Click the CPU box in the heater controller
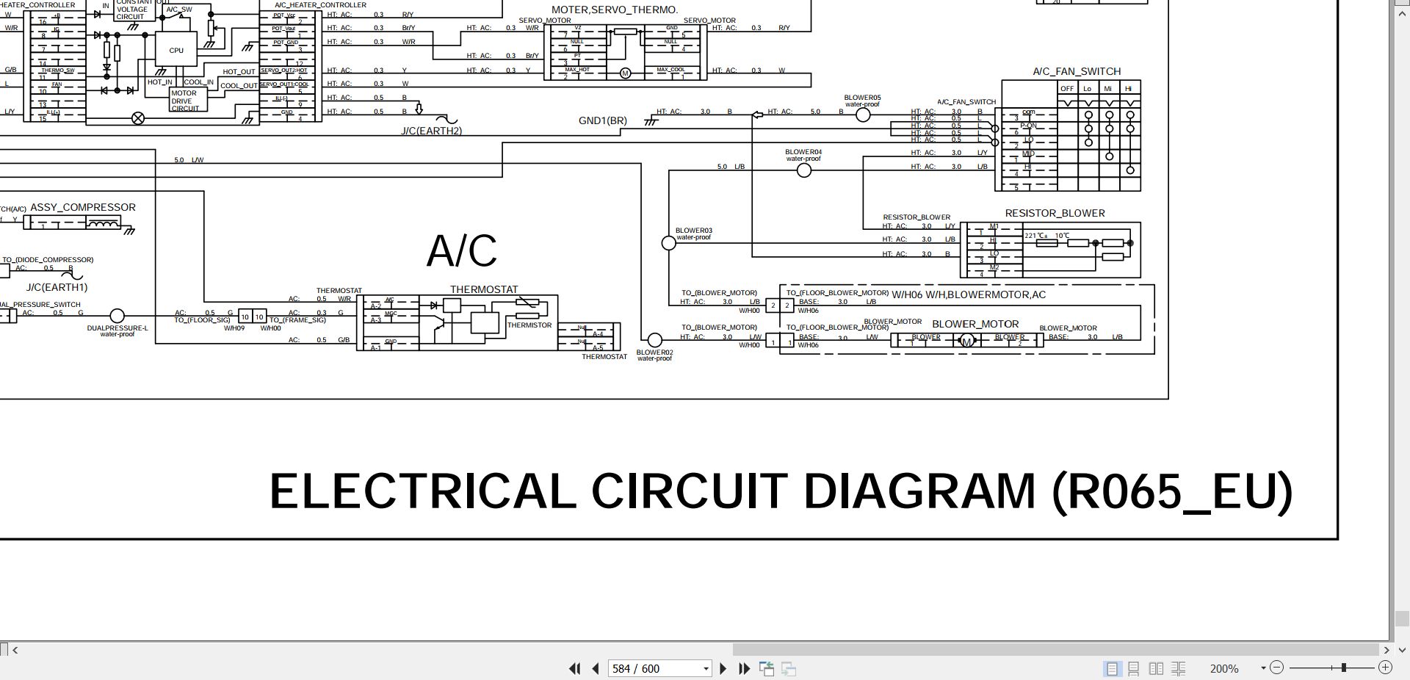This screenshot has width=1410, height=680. pyautogui.click(x=176, y=50)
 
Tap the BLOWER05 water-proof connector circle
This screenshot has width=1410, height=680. pyautogui.click(x=863, y=115)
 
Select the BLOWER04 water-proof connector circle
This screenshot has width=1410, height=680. pyautogui.click(x=804, y=170)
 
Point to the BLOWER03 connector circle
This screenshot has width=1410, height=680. pyautogui.click(x=668, y=243)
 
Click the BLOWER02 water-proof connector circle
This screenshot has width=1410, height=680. pyautogui.click(x=654, y=340)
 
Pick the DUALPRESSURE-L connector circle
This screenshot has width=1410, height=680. pyautogui.click(x=117, y=317)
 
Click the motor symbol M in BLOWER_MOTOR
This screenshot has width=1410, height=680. pyautogui.click(x=966, y=341)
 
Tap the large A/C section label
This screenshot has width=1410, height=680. pyautogui.click(x=461, y=251)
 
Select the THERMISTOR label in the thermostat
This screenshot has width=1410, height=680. pyautogui.click(x=529, y=325)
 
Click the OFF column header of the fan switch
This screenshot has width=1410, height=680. pyautogui.click(x=1067, y=89)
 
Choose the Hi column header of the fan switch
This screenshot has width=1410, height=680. pyautogui.click(x=1129, y=89)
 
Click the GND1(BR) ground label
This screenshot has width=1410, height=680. pyautogui.click(x=603, y=120)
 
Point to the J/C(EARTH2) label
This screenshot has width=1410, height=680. pyautogui.click(x=432, y=131)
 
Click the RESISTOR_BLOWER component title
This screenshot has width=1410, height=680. pyautogui.click(x=1055, y=214)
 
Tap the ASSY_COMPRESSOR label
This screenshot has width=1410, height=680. pyautogui.click(x=83, y=208)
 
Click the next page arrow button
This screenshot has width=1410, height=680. pyautogui.click(x=723, y=668)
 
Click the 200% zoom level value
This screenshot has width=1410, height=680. pyautogui.click(x=1223, y=668)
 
